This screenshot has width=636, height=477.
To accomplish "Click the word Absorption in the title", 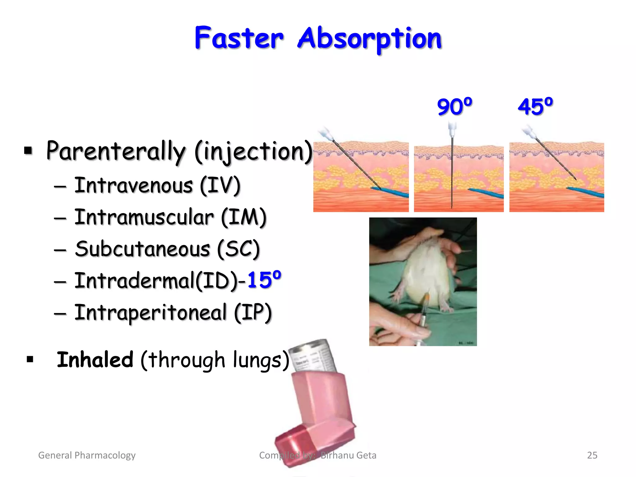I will (x=370, y=39).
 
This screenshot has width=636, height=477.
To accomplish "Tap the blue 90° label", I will (x=454, y=107).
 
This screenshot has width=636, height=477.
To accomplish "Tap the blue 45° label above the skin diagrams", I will (x=535, y=107).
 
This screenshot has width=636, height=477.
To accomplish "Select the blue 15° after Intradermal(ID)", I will (x=264, y=279).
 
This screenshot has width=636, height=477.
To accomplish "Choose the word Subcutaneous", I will (x=143, y=249).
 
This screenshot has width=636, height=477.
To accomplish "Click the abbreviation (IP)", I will (x=253, y=312).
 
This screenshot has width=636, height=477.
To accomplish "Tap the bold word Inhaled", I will (x=95, y=360).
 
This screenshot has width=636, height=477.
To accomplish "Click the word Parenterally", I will (x=116, y=151).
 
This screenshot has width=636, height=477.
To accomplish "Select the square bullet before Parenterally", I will (x=28, y=151).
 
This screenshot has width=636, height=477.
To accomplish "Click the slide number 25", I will (x=592, y=455).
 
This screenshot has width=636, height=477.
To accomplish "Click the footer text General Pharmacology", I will (x=87, y=455).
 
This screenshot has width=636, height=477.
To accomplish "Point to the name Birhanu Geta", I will (x=348, y=455).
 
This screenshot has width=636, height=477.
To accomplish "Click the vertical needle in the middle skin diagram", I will (x=452, y=174).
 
